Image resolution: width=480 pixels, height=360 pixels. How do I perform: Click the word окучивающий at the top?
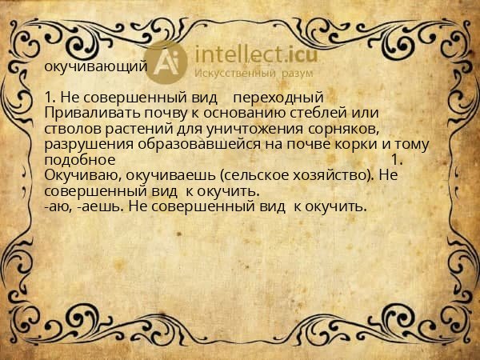[x=95, y=66]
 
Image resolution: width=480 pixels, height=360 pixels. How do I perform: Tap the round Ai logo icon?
[x=168, y=62]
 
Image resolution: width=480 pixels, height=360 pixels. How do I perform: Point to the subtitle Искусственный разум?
[x=245, y=73]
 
